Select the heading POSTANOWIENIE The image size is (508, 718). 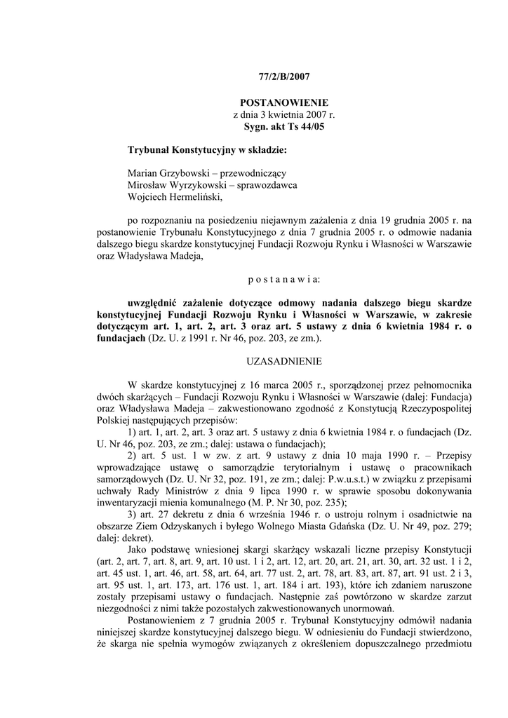click(x=279, y=103)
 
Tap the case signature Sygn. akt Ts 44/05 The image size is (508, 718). click(x=279, y=127)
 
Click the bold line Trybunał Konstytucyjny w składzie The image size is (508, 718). click(x=207, y=150)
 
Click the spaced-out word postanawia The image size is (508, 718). click(x=279, y=279)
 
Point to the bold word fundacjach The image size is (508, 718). click(x=121, y=339)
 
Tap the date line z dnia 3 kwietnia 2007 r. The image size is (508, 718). click(x=279, y=115)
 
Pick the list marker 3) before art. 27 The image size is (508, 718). click(x=133, y=515)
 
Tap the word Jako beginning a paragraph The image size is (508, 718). click(x=139, y=551)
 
